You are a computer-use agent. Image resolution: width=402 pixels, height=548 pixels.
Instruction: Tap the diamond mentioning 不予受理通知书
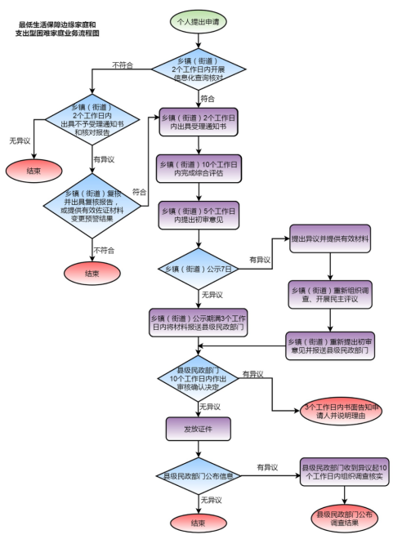pos(93,123)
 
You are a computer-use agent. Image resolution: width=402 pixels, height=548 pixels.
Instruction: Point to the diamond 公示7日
pos(197,268)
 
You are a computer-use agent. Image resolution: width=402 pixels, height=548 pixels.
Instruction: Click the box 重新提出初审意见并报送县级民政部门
pos(329,344)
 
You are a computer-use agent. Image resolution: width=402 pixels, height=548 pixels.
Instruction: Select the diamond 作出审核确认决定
pos(197,378)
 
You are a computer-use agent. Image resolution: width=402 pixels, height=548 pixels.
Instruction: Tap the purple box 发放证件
pos(197,427)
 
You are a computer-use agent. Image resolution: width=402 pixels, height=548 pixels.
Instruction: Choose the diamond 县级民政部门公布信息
pos(197,476)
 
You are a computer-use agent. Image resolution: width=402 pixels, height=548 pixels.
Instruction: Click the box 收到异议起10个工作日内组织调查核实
pos(342,471)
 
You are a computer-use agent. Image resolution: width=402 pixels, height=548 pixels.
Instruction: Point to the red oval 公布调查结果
pos(344,519)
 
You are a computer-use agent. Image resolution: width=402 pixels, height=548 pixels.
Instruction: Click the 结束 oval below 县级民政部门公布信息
pos(197,523)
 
